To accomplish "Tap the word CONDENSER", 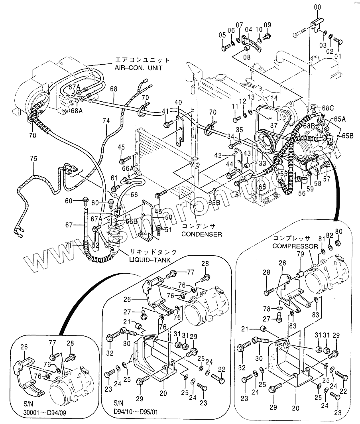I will point(202,234).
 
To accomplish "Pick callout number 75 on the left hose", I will point(33,158).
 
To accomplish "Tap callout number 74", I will point(106,120).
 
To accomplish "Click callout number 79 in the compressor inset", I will point(301,254).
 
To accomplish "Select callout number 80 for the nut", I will point(338,231).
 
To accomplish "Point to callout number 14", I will point(273,98).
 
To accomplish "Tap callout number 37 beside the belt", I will point(273,126).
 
